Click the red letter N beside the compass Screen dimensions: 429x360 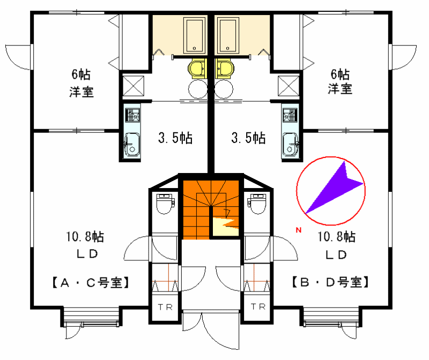(x=299, y=230)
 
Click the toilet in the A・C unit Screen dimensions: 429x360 (x=165, y=204)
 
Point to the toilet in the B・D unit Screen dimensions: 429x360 (x=257, y=204)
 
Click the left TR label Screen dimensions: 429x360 (x=165, y=307)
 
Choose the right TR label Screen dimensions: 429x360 (x=258, y=307)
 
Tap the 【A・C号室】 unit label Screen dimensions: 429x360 (x=90, y=283)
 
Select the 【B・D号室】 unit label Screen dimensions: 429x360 (x=330, y=282)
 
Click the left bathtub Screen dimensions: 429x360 (x=194, y=35)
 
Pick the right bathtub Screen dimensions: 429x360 (x=228, y=35)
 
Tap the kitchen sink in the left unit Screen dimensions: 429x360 (x=132, y=145)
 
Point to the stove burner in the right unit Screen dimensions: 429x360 (x=290, y=115)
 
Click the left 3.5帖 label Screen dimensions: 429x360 (x=175, y=138)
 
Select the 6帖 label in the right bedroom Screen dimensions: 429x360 (x=340, y=74)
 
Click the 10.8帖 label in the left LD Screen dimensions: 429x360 (x=85, y=236)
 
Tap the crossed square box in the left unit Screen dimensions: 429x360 (x=133, y=86)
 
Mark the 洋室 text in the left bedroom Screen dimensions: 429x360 (x=82, y=92)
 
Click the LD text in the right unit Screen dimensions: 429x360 (x=336, y=255)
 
